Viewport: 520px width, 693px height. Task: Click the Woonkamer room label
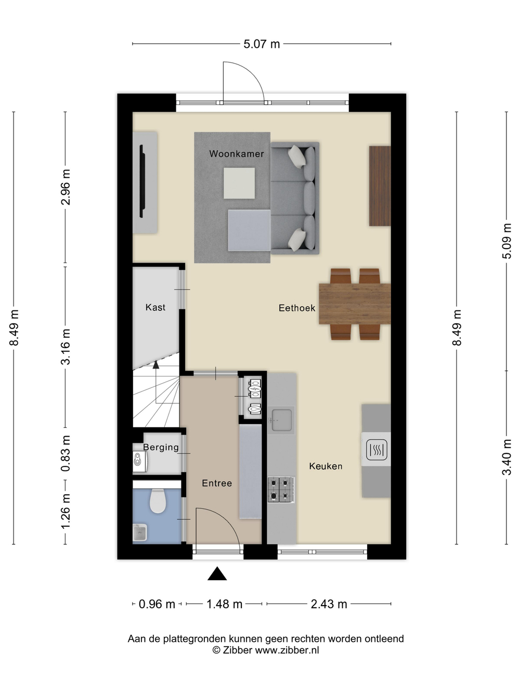pyautogui.click(x=237, y=154)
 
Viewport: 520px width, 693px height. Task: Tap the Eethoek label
pyautogui.click(x=297, y=308)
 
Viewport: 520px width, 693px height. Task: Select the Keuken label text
pyautogui.click(x=326, y=466)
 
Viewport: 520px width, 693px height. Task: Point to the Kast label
pyautogui.click(x=155, y=307)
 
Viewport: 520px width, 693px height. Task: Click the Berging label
pyautogui.click(x=161, y=448)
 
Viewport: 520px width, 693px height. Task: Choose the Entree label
pyautogui.click(x=217, y=483)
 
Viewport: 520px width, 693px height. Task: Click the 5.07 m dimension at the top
pyautogui.click(x=262, y=44)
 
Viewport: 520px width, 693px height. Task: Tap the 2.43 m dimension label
pyautogui.click(x=329, y=604)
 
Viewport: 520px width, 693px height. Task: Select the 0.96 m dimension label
pyautogui.click(x=157, y=604)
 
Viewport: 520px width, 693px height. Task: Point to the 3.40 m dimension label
pyautogui.click(x=506, y=457)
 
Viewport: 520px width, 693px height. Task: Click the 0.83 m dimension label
pyautogui.click(x=66, y=453)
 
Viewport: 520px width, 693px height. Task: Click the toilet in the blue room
pyautogui.click(x=158, y=501)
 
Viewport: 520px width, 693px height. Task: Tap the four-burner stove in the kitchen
pyautogui.click(x=281, y=489)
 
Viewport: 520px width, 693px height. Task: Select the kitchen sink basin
pyautogui.click(x=281, y=420)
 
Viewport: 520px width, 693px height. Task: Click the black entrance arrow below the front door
pyautogui.click(x=217, y=573)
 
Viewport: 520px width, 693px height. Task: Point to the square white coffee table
pyautogui.click(x=239, y=183)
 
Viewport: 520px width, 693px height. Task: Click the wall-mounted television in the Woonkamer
pyautogui.click(x=142, y=181)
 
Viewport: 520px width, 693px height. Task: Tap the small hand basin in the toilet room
pyautogui.click(x=139, y=533)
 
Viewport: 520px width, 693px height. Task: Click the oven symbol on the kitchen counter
pyautogui.click(x=376, y=450)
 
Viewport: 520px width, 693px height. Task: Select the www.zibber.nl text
pyautogui.click(x=287, y=650)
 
